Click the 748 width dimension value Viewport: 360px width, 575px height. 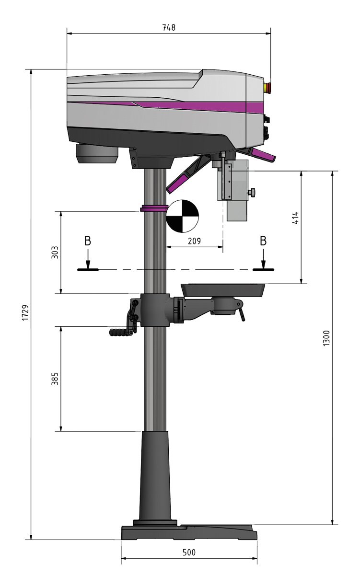pyautogui.click(x=169, y=27)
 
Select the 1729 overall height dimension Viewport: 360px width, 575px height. pyautogui.click(x=25, y=312)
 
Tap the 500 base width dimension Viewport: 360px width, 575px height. pyautogui.click(x=189, y=552)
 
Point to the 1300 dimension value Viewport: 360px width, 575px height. pyautogui.click(x=325, y=338)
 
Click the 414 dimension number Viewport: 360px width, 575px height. pyautogui.click(x=296, y=218)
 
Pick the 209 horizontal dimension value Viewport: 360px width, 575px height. pyautogui.click(x=194, y=241)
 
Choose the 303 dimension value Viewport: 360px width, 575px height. pyautogui.click(x=55, y=253)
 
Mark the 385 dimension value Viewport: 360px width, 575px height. pyautogui.click(x=55, y=379)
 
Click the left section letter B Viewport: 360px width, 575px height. pyautogui.click(x=88, y=241)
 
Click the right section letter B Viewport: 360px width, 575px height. pyautogui.click(x=263, y=241)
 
